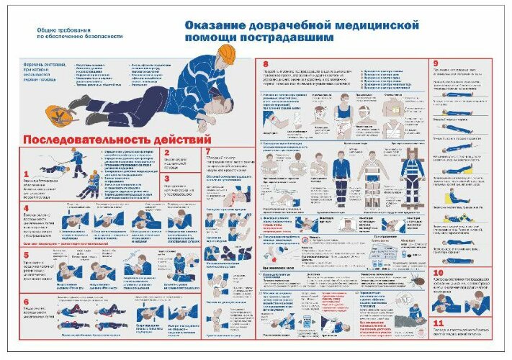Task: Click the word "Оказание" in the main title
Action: [x=216, y=26]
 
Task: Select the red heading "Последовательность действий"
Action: [x=117, y=138]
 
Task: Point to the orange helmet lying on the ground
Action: [x=55, y=114]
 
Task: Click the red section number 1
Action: [x=27, y=174]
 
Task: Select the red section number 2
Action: [x=166, y=153]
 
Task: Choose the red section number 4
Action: [x=26, y=209]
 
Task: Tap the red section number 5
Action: [x=26, y=253]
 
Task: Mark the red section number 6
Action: [x=26, y=302]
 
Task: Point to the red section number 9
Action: [x=436, y=63]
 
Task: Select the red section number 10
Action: [x=439, y=274]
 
